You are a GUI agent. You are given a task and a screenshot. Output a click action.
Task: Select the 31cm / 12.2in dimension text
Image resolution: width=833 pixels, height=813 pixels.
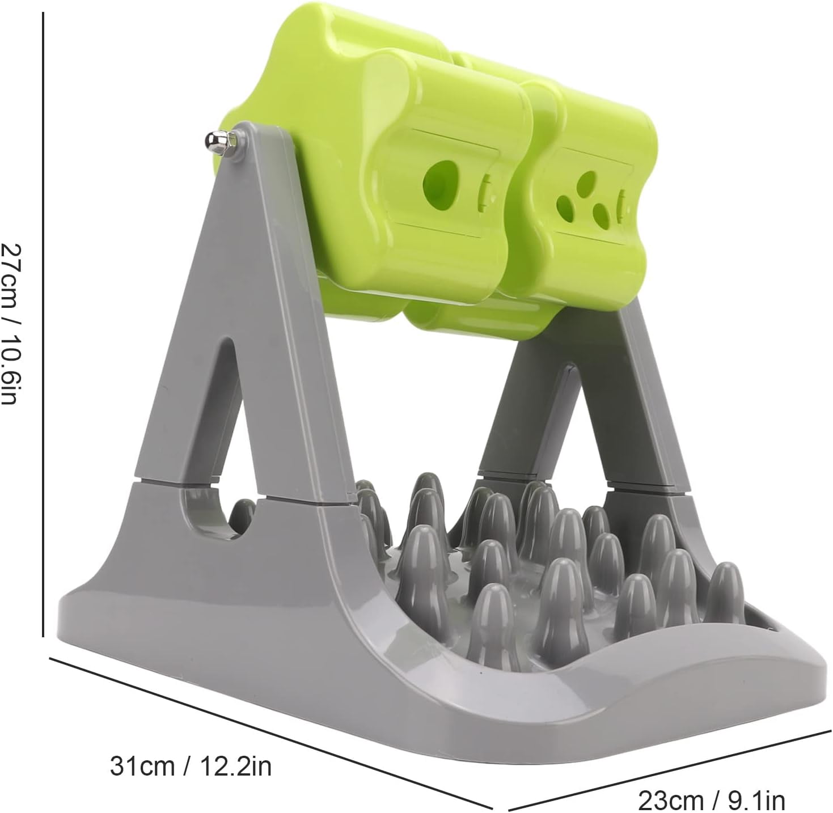(x=191, y=765)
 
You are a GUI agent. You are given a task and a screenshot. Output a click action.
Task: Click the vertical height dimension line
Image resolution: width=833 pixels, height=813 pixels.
(x=43, y=324)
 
